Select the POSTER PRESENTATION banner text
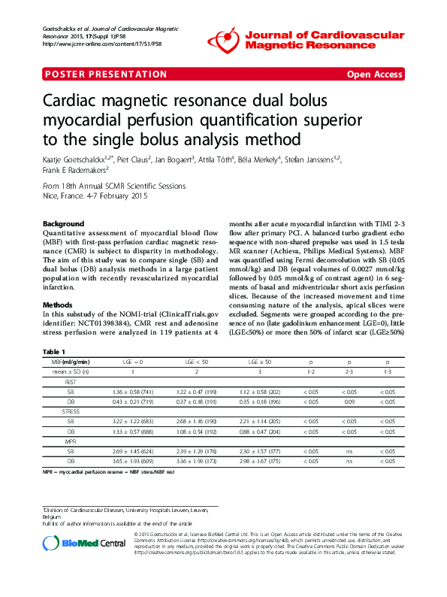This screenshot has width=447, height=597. (106, 74)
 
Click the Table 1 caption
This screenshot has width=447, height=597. (54, 350)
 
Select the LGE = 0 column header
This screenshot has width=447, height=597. (133, 362)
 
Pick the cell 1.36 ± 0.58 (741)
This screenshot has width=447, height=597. (133, 392)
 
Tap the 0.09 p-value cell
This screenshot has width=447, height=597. (347, 402)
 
